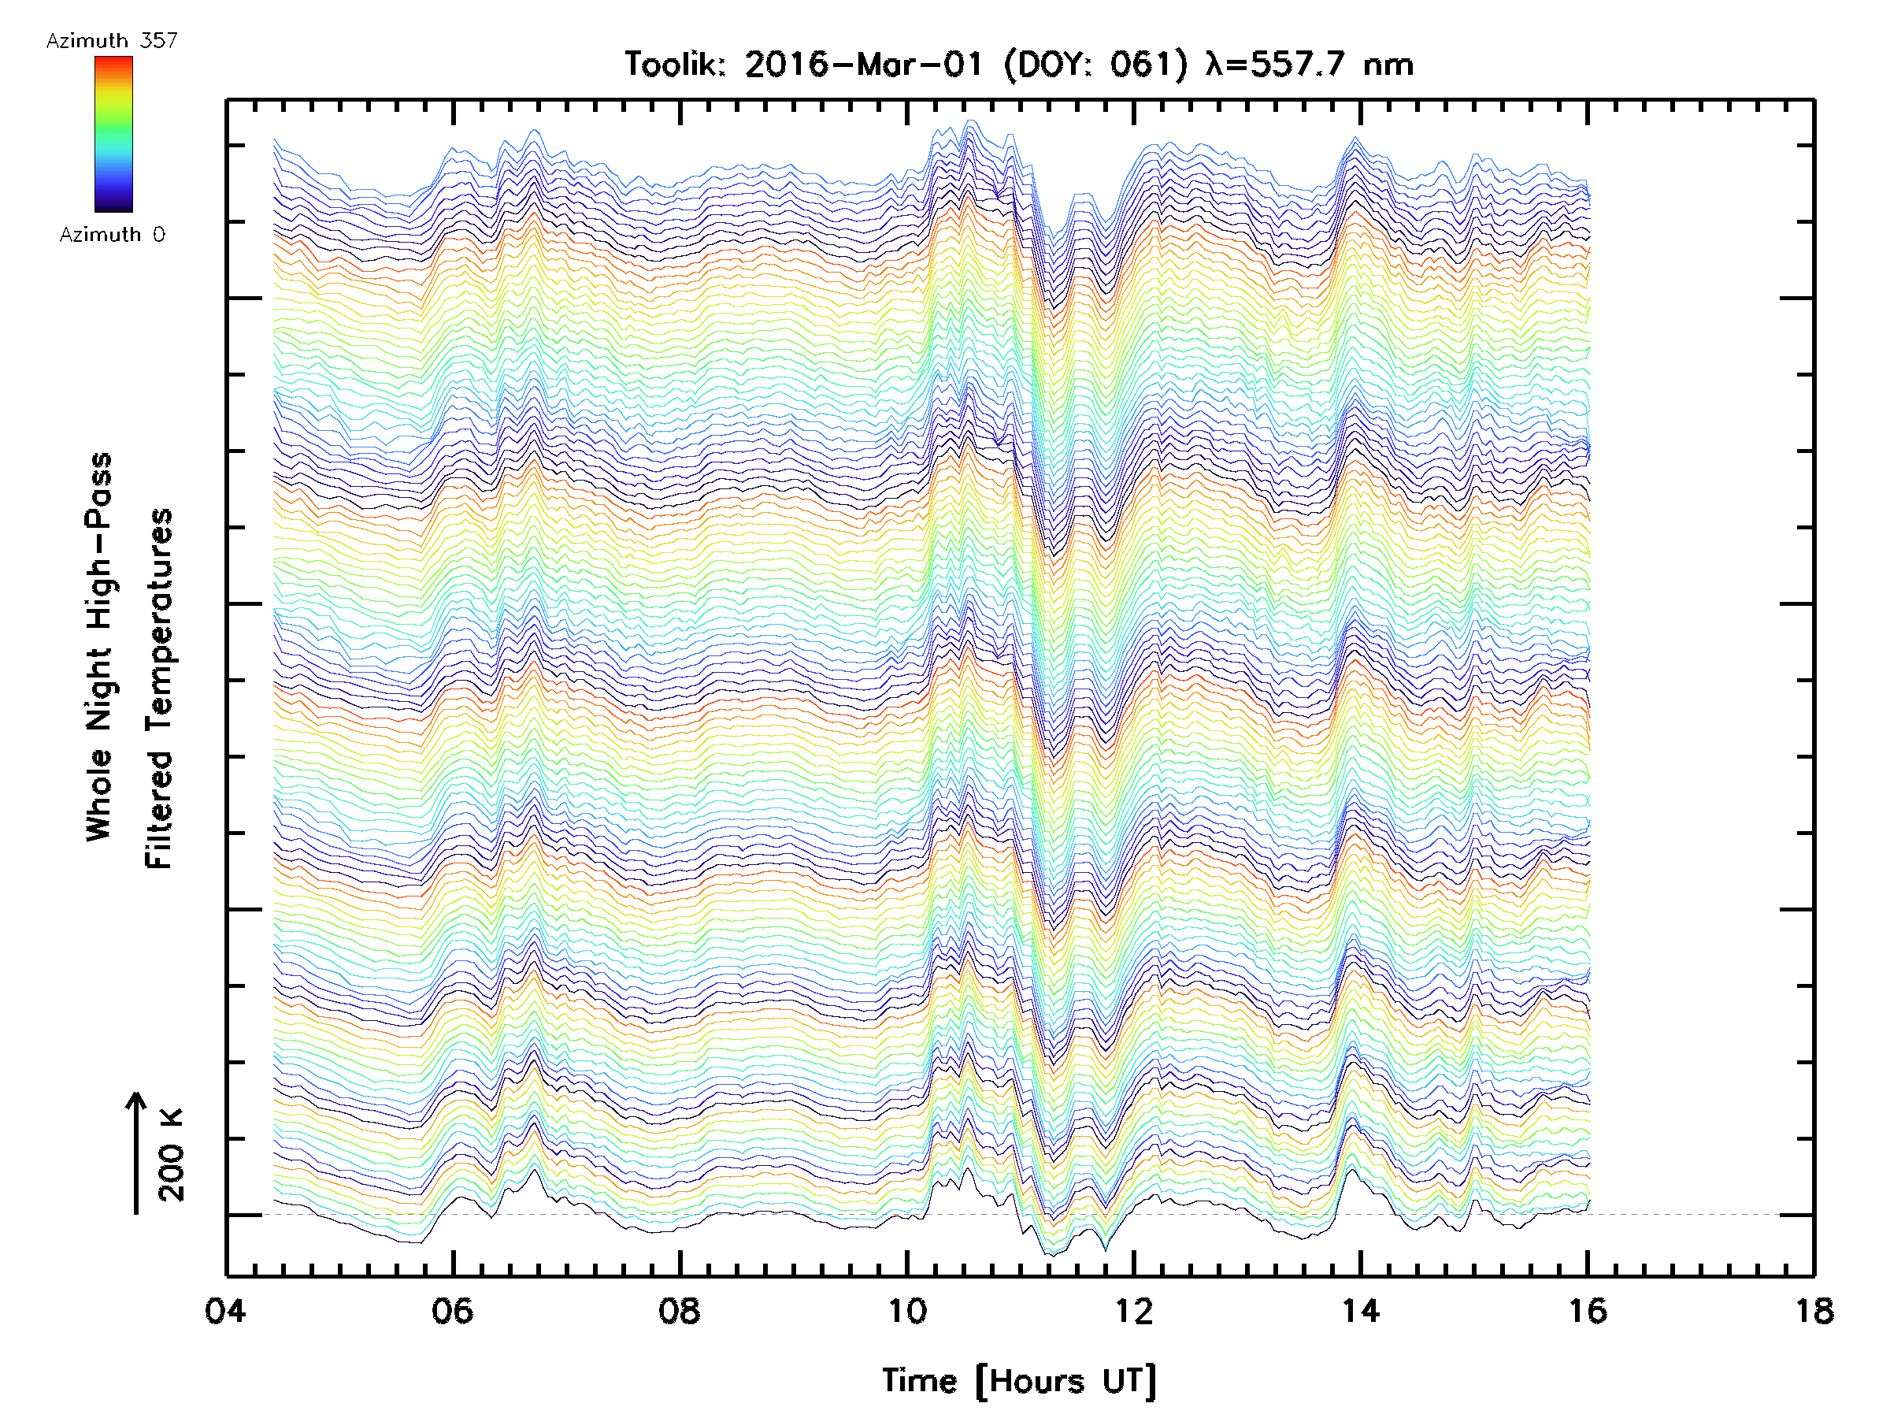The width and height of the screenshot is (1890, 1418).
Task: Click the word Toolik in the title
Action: pyautogui.click(x=675, y=65)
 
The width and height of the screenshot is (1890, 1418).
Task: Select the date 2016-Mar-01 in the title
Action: pyautogui.click(x=864, y=65)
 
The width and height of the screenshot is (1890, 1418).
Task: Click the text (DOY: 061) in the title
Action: pyautogui.click(x=1095, y=65)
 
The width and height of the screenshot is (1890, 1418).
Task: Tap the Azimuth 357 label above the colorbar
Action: pyautogui.click(x=112, y=41)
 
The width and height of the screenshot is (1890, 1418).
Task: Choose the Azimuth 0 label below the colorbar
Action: pyautogui.click(x=112, y=234)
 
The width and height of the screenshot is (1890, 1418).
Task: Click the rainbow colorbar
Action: pyautogui.click(x=113, y=133)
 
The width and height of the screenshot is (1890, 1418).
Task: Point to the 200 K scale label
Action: pyautogui.click(x=172, y=1155)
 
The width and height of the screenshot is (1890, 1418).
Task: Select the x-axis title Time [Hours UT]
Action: pyautogui.click(x=1019, y=1381)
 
